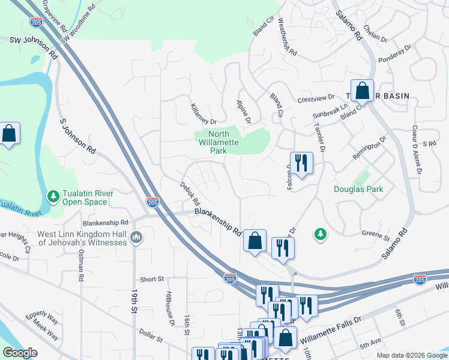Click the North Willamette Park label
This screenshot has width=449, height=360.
click(x=218, y=142)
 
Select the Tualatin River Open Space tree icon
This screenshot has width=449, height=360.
click(x=53, y=196)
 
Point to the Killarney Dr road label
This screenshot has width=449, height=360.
click(x=203, y=113)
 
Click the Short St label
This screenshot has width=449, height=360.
click(x=152, y=279)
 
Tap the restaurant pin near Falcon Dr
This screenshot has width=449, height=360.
click(x=301, y=163)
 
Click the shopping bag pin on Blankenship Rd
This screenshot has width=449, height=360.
click(x=255, y=240)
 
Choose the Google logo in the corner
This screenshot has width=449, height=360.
click(x=20, y=353)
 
